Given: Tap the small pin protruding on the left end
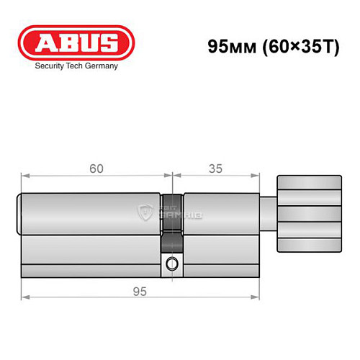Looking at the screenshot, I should (x=18, y=214).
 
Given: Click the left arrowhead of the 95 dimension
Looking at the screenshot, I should (x=23, y=296).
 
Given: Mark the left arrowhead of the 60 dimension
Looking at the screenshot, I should (x=23, y=176).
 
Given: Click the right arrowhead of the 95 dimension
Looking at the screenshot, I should (x=257, y=296).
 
